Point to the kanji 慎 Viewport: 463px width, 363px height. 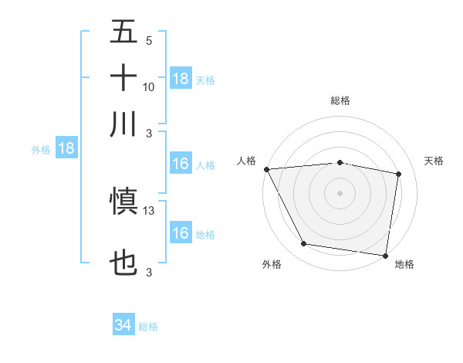point(123,202)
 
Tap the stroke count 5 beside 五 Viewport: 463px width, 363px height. point(148,41)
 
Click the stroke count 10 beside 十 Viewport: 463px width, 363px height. point(149,87)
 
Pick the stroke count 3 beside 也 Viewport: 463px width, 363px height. point(148,273)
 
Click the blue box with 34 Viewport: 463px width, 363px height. point(123,326)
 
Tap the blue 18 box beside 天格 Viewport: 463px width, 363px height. point(181,79)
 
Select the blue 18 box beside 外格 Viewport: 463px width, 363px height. point(66,149)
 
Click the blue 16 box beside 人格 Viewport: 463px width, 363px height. point(181,164)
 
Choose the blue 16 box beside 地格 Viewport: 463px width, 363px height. point(181,233)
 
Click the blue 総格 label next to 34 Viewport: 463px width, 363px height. point(148,327)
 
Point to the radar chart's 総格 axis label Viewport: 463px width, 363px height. point(340,100)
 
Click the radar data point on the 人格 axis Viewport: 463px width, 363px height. point(266,169)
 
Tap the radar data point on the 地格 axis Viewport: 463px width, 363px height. point(386,255)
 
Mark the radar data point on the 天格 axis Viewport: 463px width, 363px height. point(399,175)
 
